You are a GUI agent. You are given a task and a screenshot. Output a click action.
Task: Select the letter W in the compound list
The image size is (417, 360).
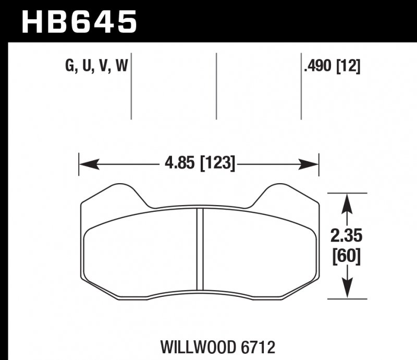[122, 67]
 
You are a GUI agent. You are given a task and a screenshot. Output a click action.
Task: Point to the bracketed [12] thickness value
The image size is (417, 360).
[348, 67]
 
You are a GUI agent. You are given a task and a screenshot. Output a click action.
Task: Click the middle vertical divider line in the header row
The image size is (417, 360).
[216, 86]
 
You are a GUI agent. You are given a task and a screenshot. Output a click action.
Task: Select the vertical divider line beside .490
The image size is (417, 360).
[301, 86]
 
